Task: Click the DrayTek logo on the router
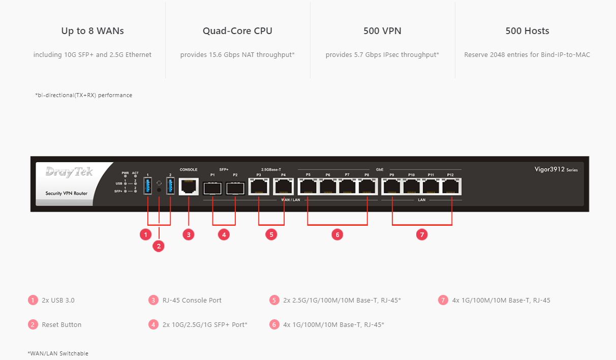[x=69, y=172]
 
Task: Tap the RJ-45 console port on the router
[x=189, y=187]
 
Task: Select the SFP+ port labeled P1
[x=212, y=188]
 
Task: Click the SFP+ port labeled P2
[x=235, y=188]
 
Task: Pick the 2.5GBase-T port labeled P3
[x=259, y=187]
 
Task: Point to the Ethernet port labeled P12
[x=450, y=187]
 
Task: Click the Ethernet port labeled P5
[x=308, y=187]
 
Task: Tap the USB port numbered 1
[x=148, y=186]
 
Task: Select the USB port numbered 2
[x=170, y=186]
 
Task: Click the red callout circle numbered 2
[x=159, y=246]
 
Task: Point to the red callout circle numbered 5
[x=271, y=234]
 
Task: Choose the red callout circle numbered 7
[x=422, y=234]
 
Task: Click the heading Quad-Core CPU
[x=237, y=31]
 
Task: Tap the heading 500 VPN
[x=382, y=31]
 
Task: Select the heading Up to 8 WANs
[x=93, y=31]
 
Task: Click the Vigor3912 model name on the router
[x=549, y=169]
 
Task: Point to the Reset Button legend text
[x=61, y=324]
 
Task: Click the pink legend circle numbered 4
[x=153, y=324]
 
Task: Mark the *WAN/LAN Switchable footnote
[x=58, y=353]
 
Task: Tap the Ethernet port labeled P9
[x=392, y=187]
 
